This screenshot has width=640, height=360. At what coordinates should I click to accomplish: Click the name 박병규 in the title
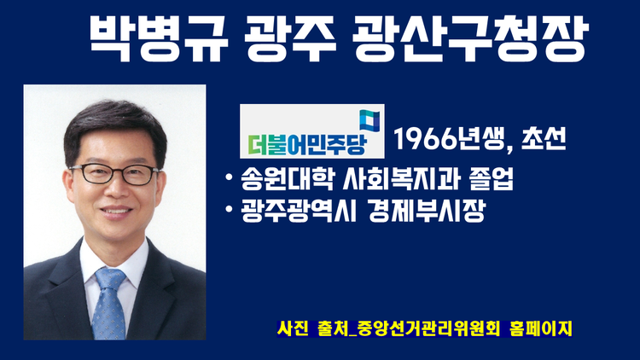tap(159, 38)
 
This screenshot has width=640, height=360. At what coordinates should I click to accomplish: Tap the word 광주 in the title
tap(290, 38)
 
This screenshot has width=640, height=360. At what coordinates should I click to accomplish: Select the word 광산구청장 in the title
tap(470, 38)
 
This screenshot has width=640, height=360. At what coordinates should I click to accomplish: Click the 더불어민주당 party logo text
tap(308, 144)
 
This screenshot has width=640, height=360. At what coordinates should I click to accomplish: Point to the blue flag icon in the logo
tap(369, 120)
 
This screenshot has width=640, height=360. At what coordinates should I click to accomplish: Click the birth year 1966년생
tap(452, 139)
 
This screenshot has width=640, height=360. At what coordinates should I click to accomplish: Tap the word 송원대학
tap(288, 178)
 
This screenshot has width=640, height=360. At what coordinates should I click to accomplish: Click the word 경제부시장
tap(426, 211)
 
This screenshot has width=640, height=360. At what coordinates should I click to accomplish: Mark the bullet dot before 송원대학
tap(229, 177)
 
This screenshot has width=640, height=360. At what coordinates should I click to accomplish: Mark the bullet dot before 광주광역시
tap(229, 210)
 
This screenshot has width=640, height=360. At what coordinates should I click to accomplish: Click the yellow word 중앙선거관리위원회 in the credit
tap(428, 328)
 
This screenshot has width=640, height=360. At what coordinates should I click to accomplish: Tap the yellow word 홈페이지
tap(541, 328)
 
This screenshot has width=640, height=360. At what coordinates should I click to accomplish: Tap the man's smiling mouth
tap(116, 211)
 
